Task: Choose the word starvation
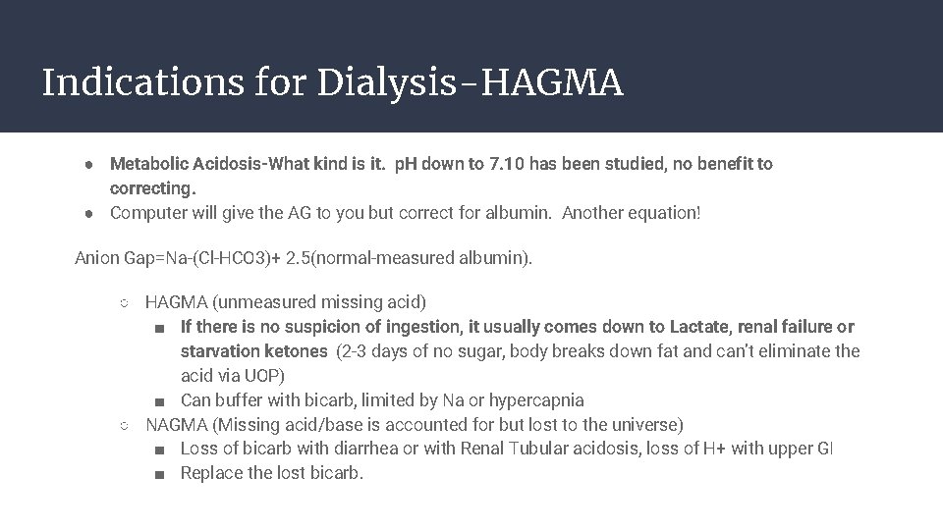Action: pos(220,351)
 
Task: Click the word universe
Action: pos(643,425)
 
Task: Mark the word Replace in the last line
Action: pos(211,474)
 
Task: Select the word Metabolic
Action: pos(147,164)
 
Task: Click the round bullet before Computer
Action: pos(87,213)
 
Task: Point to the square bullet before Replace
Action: pos(160,474)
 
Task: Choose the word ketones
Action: pos(296,351)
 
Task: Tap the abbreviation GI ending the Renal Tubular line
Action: pos(824,450)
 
